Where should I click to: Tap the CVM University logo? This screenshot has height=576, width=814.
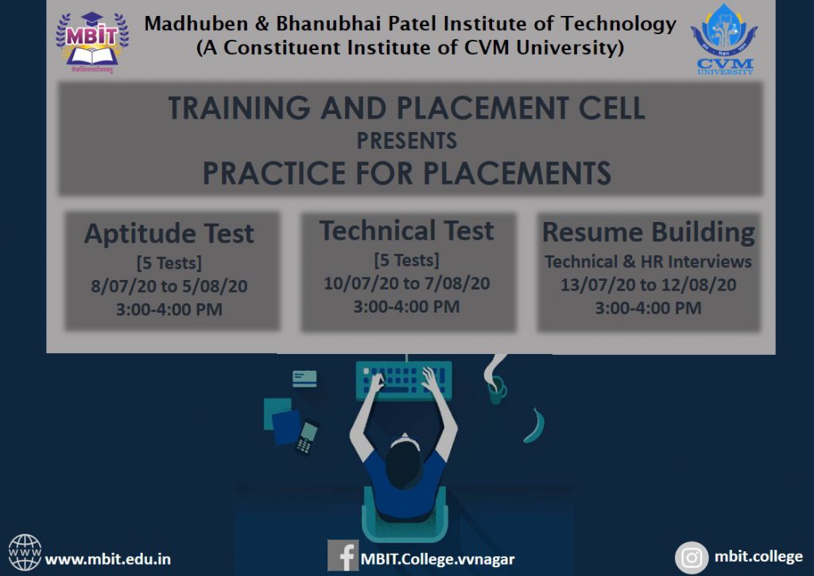pos(724,40)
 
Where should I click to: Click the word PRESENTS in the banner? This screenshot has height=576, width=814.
pos(406,141)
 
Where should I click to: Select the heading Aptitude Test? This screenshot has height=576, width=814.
pos(169,232)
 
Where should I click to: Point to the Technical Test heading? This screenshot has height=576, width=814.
pos(406,230)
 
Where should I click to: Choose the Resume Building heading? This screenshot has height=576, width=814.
pos(649,232)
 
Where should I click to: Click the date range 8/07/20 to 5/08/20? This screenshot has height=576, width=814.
pos(169,286)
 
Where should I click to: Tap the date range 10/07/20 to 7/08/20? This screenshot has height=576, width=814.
pos(406,283)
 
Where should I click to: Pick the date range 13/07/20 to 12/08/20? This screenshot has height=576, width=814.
pos(649,285)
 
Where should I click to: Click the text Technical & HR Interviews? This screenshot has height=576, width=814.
pos(649,261)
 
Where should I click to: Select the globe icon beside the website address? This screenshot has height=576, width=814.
pos(25,553)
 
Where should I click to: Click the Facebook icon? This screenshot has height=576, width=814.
pos(343,556)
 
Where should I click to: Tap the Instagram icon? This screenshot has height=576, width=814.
pos(692,558)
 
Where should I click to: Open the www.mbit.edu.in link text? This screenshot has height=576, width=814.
pos(108,558)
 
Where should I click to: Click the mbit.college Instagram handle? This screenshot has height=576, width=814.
pos(758,557)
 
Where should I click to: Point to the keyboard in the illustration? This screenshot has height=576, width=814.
pos(404,381)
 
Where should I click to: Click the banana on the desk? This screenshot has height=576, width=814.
pos(535,426)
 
